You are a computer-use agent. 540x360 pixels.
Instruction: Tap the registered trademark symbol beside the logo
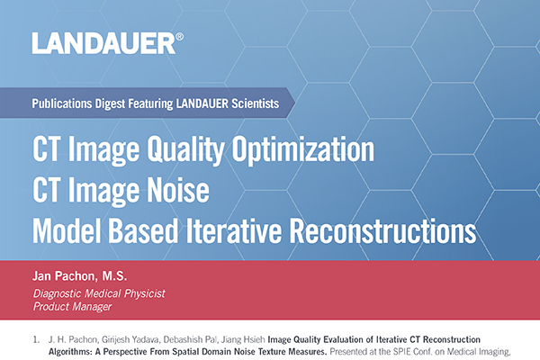click(x=180, y=37)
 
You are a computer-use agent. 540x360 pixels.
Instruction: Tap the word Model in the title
click(x=65, y=229)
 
